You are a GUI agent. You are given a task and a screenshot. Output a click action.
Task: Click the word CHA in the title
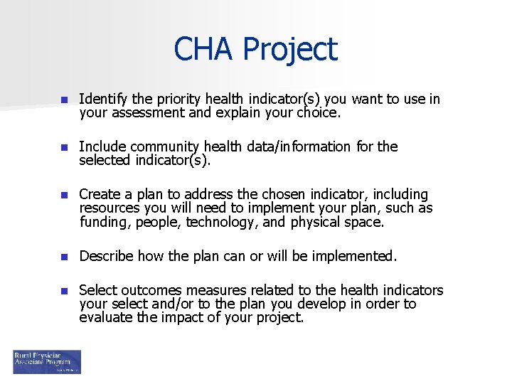(x=204, y=50)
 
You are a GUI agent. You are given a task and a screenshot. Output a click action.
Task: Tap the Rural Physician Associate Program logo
(x=47, y=361)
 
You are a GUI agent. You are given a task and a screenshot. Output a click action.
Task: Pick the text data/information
(x=299, y=146)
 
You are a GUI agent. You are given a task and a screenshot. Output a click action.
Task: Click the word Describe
(x=107, y=256)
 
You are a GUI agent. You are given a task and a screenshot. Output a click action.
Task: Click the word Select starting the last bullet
(x=97, y=290)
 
